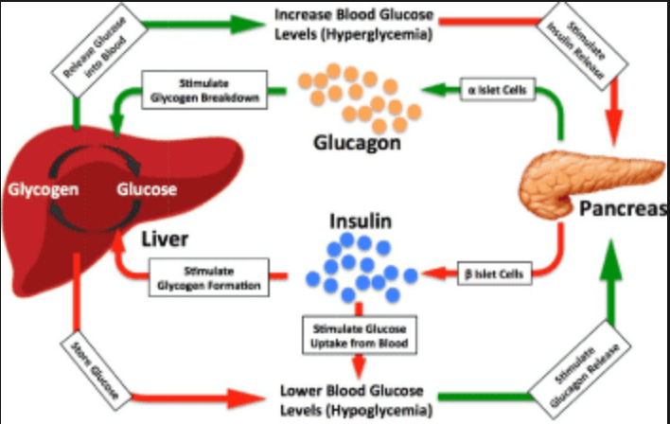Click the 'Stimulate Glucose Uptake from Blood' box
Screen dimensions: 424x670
pyautogui.click(x=357, y=336)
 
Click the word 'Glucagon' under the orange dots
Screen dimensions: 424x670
pyautogui.click(x=355, y=147)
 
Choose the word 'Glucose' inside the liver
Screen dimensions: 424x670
pyautogui.click(x=146, y=189)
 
